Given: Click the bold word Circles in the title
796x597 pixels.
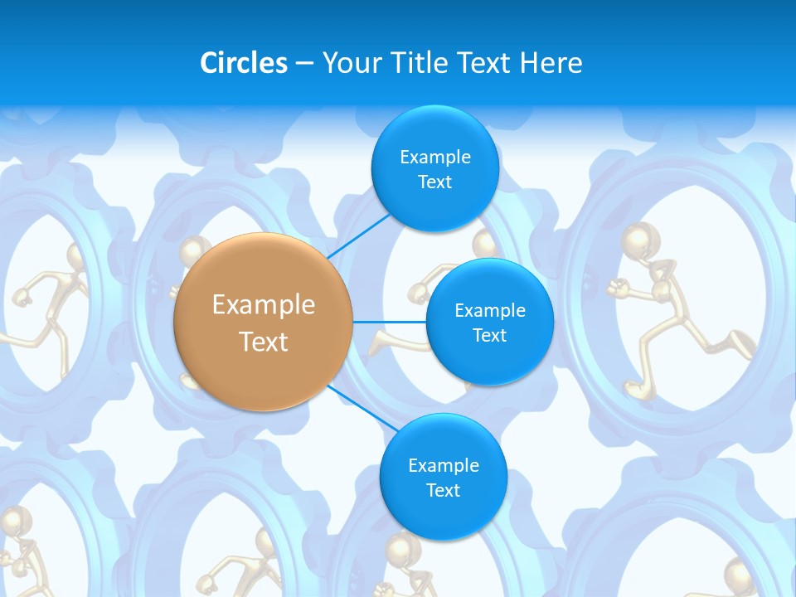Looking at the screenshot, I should click(x=244, y=63).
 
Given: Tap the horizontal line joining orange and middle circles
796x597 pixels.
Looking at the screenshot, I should click(x=389, y=322).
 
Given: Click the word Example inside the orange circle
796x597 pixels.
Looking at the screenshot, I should click(x=264, y=305).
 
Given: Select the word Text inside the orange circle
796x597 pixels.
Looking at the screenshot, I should click(x=264, y=342).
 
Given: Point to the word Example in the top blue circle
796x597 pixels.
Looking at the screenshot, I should click(x=434, y=157).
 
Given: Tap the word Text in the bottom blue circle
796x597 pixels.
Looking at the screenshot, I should click(x=443, y=490).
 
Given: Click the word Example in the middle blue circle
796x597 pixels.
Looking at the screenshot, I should click(x=489, y=310).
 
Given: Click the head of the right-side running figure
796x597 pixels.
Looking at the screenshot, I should click(x=638, y=240).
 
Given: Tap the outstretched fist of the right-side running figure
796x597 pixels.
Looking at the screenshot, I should click(x=614, y=288).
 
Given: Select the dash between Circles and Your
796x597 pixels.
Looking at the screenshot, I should click(x=303, y=64).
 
